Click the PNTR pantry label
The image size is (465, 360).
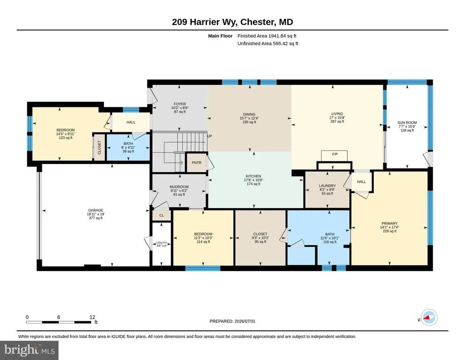click(196, 163)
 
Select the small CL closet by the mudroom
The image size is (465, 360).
click(162, 215)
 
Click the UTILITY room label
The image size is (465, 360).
click(162, 243)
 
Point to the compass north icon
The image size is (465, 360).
click(429, 317)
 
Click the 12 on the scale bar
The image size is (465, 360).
click(92, 317)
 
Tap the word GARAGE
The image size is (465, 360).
click(95, 210)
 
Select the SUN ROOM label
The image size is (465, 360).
click(407, 123)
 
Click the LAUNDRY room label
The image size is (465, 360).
click(327, 186)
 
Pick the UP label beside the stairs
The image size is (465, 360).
click(209, 136)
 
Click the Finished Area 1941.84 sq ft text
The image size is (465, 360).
click(267, 36)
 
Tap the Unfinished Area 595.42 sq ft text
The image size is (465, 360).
click(268, 44)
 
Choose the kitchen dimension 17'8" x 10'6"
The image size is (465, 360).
click(253, 180)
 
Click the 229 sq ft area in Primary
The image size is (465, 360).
click(389, 231)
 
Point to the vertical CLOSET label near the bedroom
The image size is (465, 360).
click(99, 148)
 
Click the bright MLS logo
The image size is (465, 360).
click(30, 350)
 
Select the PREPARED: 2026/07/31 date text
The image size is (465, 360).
click(232, 321)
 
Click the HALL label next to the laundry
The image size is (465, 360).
click(361, 182)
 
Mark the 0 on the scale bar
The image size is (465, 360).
click(27, 317)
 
